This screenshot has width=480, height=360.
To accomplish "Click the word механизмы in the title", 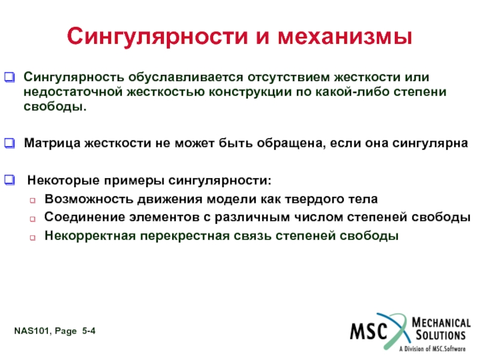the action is click(345, 36).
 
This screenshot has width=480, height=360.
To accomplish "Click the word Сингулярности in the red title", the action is click(157, 37).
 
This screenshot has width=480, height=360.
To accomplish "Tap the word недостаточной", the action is click(73, 92).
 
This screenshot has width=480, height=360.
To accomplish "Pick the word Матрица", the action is click(52, 143).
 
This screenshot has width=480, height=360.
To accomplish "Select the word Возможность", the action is click(89, 199).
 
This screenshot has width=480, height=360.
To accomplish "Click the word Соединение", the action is click(85, 217).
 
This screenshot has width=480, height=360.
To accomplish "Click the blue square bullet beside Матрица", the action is click(10, 143).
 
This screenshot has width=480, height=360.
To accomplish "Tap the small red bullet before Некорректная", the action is click(32, 238).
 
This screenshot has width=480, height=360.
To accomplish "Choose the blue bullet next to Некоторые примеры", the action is click(10, 180).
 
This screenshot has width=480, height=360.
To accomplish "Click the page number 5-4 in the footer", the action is click(89, 331).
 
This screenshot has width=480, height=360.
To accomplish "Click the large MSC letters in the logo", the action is click(369, 331).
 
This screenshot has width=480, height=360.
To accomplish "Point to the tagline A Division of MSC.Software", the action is click(432, 349).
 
